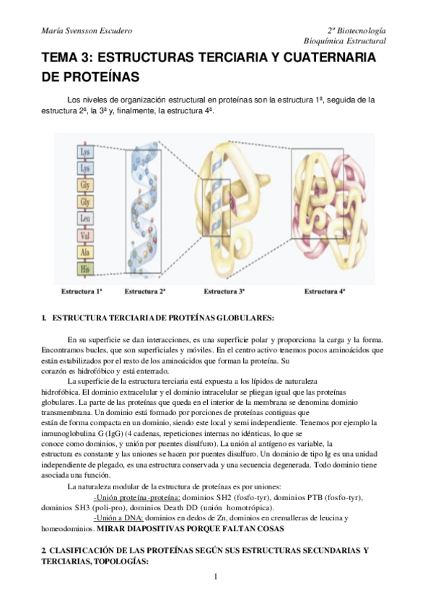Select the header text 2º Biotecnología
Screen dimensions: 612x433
tap(356, 31)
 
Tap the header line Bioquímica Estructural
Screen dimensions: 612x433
tap(345, 42)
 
